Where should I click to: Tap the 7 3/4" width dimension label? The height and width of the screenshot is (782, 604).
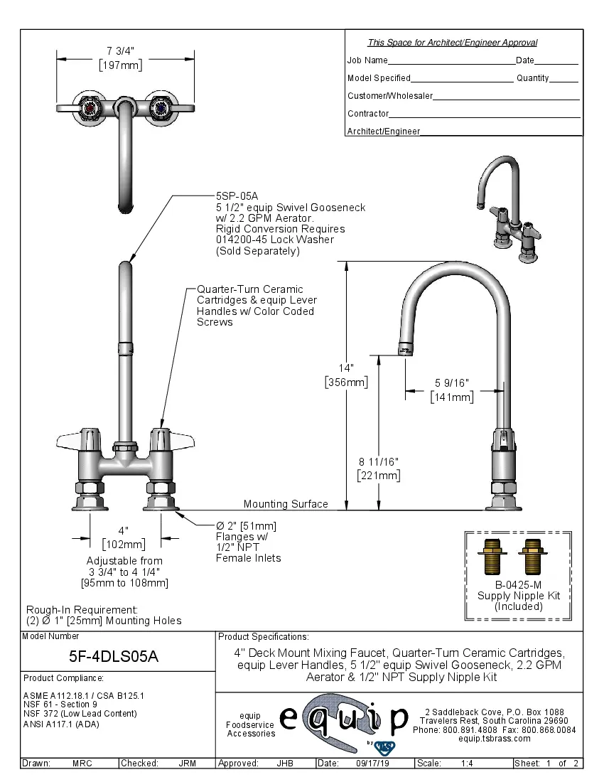click(x=120, y=50)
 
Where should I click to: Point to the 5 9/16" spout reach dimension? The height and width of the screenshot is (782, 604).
click(x=452, y=383)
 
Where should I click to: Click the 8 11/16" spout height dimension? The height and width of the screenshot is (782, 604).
click(x=378, y=462)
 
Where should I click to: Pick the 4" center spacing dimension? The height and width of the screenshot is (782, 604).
click(x=124, y=531)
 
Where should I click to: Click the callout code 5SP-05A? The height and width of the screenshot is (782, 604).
click(x=236, y=196)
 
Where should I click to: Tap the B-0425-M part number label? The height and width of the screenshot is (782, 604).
click(x=509, y=584)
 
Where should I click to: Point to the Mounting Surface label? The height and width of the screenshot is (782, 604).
click(x=286, y=504)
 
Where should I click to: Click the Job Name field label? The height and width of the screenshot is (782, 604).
click(x=367, y=60)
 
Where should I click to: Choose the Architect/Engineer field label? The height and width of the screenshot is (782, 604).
click(x=384, y=132)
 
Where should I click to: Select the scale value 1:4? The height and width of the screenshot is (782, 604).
click(x=468, y=763)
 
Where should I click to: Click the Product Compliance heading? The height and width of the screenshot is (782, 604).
click(x=63, y=677)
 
